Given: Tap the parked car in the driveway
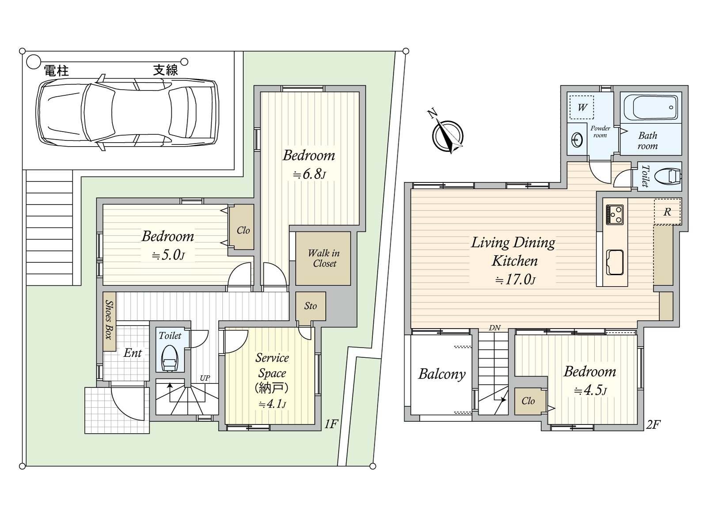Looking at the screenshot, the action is (127, 112).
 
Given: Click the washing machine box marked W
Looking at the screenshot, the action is (582, 107).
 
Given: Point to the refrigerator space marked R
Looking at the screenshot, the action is (667, 212).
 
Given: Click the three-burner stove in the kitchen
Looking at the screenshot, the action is (615, 215).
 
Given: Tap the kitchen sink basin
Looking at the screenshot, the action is (615, 262).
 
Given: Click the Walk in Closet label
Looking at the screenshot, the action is (324, 258).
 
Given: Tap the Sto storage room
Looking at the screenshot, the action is (311, 306).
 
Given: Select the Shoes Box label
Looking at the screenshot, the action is (109, 319).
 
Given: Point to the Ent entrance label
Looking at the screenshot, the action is (133, 353).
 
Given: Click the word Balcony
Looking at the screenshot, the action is (442, 374).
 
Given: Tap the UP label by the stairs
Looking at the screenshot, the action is (205, 378).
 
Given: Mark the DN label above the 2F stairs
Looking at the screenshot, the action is (494, 328).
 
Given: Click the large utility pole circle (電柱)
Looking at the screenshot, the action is (33, 61).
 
